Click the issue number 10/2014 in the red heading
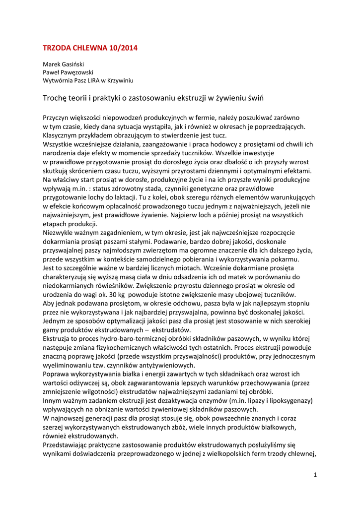(x=120, y=48)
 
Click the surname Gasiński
(x=73, y=64)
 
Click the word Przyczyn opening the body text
(x=57, y=118)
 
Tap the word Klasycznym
(x=62, y=135)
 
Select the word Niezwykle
(x=59, y=232)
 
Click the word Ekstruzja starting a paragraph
(x=58, y=338)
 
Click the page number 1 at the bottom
(x=315, y=475)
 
